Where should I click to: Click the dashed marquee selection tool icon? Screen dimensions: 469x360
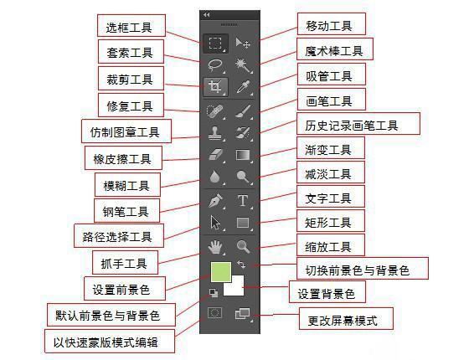click(215, 43)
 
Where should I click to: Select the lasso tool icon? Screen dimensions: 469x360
click(215, 65)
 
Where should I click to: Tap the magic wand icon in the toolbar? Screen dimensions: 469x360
click(243, 65)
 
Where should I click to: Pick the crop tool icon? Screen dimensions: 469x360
click(215, 87)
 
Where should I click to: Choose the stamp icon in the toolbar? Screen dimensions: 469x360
click(214, 133)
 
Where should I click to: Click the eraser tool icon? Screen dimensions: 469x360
click(215, 155)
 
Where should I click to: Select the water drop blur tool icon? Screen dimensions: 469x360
click(214, 177)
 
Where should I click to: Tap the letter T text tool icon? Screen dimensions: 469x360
click(243, 201)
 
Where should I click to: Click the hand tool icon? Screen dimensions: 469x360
click(214, 247)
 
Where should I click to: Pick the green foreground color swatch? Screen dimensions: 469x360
click(221, 272)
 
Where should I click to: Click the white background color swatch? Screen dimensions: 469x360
click(234, 286)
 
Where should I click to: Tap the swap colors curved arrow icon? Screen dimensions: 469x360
click(241, 265)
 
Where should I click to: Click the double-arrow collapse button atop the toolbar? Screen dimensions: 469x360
click(206, 15)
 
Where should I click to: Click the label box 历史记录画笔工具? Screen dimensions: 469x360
click(358, 124)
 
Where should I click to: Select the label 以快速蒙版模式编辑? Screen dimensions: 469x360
click(110, 342)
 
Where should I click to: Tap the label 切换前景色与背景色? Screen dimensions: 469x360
click(362, 268)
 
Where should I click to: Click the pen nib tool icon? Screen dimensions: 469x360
click(216, 201)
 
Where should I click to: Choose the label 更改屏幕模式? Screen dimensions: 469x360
click(346, 319)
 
